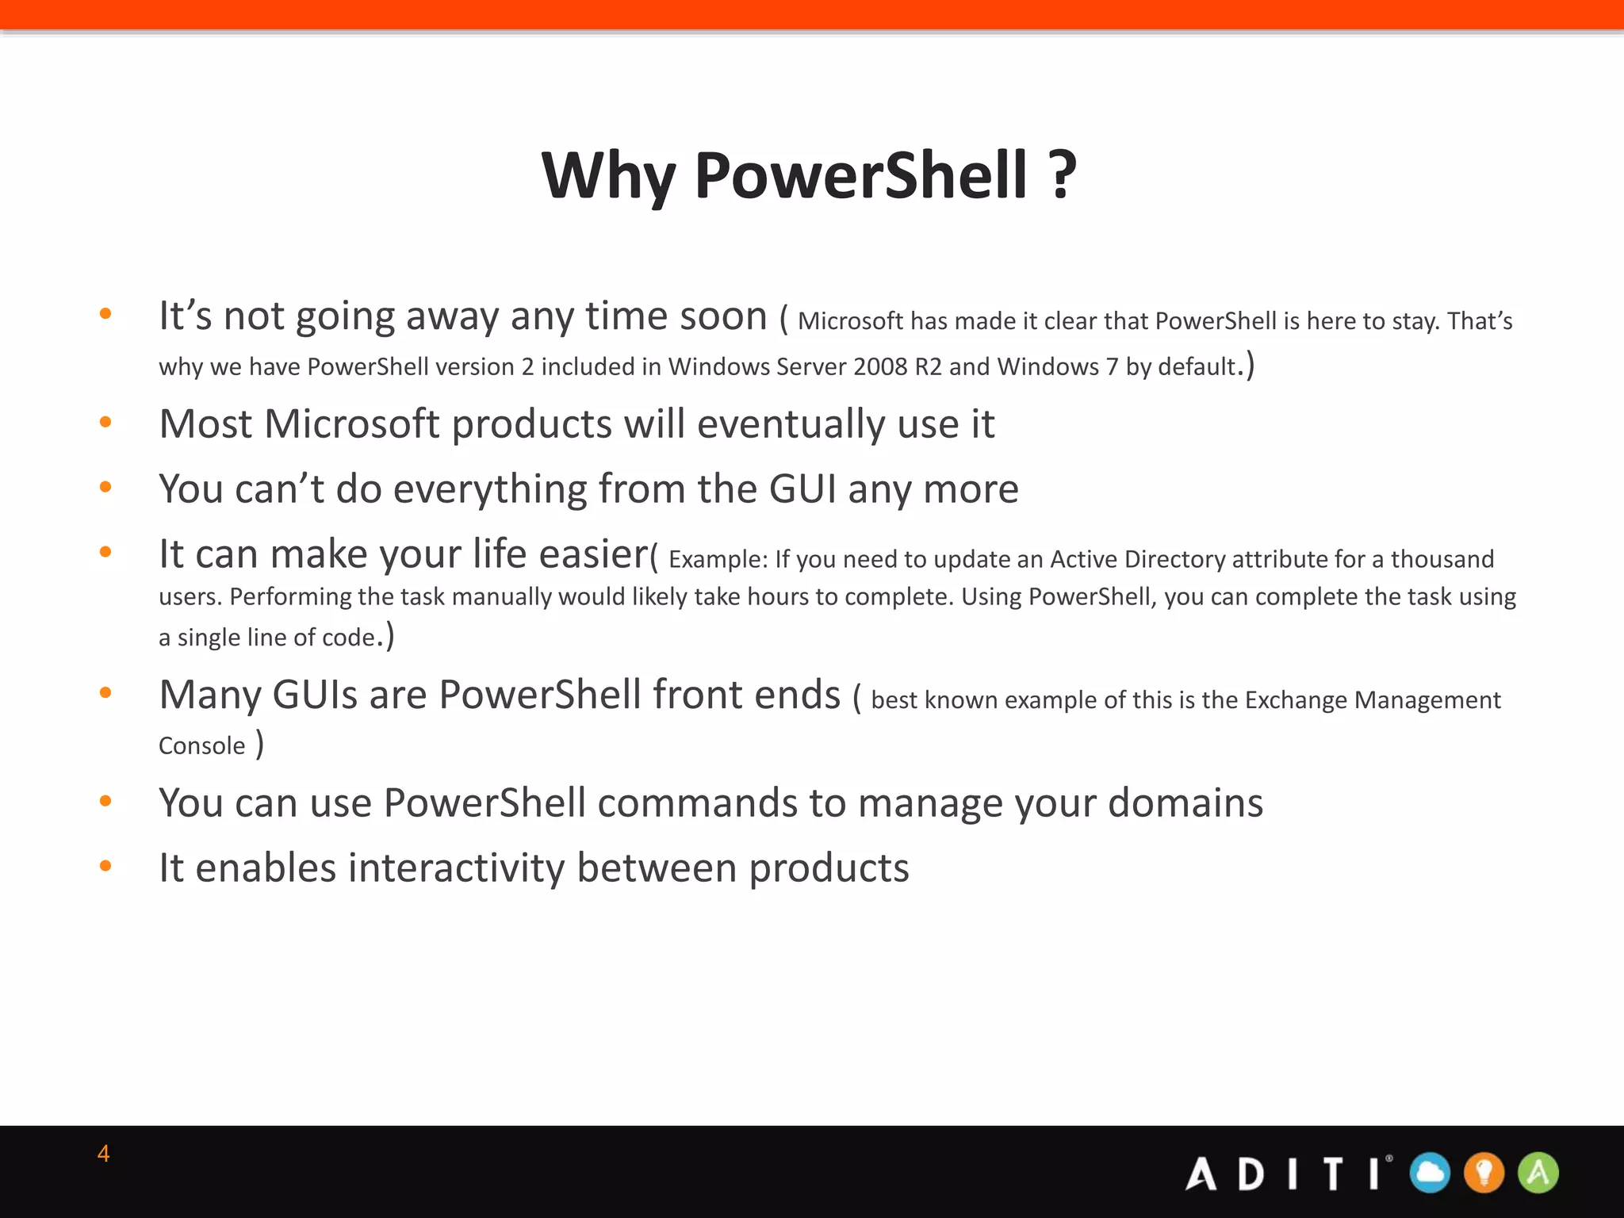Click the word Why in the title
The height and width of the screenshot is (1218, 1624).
(x=608, y=176)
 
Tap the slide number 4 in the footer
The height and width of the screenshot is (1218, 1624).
(x=103, y=1154)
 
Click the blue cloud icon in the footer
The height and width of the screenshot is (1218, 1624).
(x=1431, y=1173)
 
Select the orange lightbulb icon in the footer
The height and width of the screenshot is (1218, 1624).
(x=1484, y=1173)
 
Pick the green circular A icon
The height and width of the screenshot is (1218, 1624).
(x=1538, y=1173)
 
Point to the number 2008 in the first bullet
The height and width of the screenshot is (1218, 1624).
(x=879, y=366)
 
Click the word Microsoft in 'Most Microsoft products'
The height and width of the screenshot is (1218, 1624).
(x=351, y=423)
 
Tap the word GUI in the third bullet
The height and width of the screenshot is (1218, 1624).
(x=802, y=488)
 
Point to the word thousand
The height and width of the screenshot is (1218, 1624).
(x=1442, y=559)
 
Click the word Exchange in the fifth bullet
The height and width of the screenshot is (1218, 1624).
(x=1295, y=700)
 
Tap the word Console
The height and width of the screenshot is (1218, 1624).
(x=202, y=746)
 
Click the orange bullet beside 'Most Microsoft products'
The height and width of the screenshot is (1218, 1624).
(x=105, y=422)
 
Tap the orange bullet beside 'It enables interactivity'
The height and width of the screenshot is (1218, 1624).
(x=105, y=866)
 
